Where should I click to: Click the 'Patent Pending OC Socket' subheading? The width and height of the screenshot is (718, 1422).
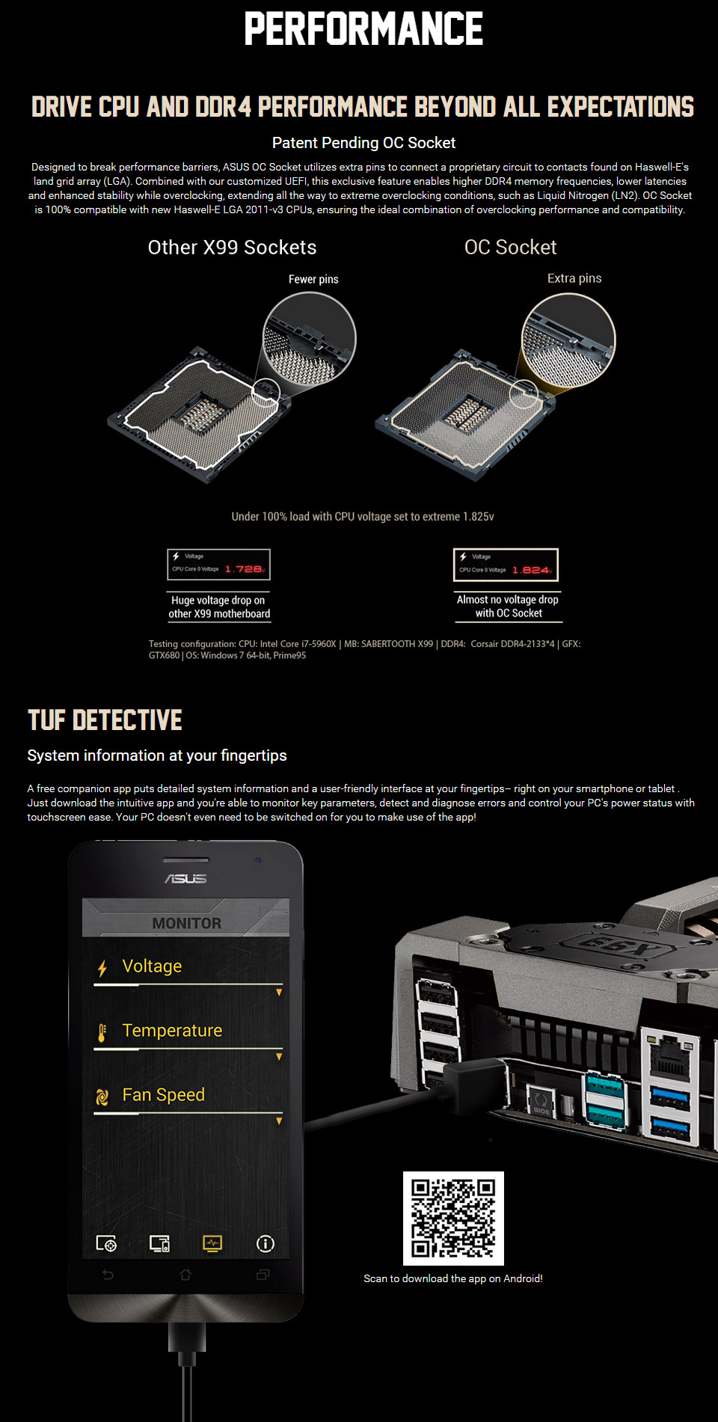363,143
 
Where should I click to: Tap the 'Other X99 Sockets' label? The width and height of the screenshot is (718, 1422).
232,248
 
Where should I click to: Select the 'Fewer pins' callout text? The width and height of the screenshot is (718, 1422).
313,279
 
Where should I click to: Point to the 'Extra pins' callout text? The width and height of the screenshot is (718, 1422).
574,278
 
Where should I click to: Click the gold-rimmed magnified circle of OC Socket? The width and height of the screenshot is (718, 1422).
568,340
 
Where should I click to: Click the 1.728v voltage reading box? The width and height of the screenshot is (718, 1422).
219,565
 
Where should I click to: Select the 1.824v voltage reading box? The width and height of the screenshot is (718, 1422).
506,565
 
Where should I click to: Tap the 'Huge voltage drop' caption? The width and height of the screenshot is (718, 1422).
219,607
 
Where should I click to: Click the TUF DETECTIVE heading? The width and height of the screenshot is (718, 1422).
105,720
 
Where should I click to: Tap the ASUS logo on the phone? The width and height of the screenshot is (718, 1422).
185,878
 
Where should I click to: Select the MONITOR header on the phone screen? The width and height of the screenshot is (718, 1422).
186,923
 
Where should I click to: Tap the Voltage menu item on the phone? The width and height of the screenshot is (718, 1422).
152,966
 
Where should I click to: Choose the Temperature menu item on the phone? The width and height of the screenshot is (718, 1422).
172,1031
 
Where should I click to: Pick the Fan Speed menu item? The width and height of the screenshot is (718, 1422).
163,1095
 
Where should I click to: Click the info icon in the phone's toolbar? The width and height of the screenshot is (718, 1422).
266,1243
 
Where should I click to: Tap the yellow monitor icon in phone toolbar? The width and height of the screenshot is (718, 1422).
212,1243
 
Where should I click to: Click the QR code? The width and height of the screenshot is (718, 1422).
453,1218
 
